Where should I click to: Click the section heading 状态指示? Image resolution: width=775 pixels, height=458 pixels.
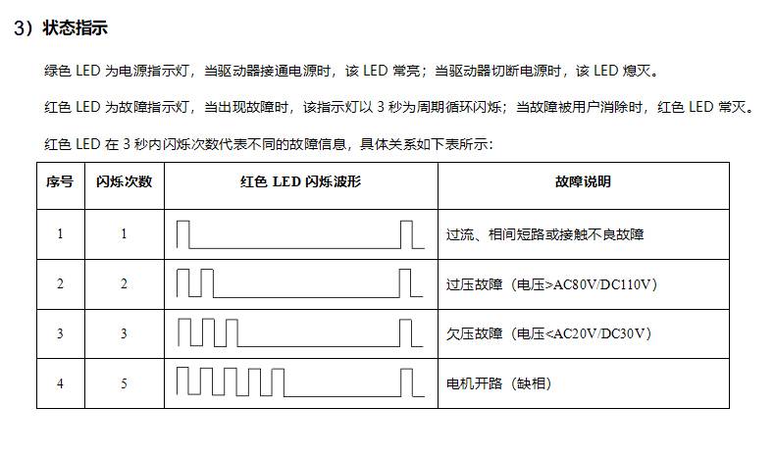click(76, 27)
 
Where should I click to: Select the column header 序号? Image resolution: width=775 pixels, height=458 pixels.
click(60, 181)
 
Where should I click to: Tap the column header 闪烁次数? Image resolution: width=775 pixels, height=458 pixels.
click(124, 181)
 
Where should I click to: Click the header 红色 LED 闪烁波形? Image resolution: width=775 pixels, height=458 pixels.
click(300, 181)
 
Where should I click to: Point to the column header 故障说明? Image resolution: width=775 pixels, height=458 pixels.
click(584, 181)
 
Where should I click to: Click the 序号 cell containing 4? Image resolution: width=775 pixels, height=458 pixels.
click(60, 383)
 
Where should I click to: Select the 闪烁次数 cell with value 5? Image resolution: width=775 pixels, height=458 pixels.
click(124, 383)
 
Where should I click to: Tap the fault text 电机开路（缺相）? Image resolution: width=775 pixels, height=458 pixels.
click(498, 383)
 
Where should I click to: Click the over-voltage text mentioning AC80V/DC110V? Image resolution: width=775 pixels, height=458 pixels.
click(551, 284)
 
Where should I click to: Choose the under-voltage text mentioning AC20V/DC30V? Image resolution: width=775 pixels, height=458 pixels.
click(548, 334)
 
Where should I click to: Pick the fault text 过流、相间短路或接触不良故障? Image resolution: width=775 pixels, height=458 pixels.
click(545, 234)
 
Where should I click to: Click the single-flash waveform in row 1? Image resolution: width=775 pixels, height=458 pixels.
click(300, 234)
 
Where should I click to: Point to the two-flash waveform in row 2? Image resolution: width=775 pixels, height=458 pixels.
click(299, 283)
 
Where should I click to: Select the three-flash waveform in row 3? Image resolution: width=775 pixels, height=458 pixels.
click(300, 333)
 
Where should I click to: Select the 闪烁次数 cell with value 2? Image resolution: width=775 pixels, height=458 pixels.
click(124, 284)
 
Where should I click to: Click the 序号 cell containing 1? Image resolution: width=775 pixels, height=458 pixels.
click(60, 233)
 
